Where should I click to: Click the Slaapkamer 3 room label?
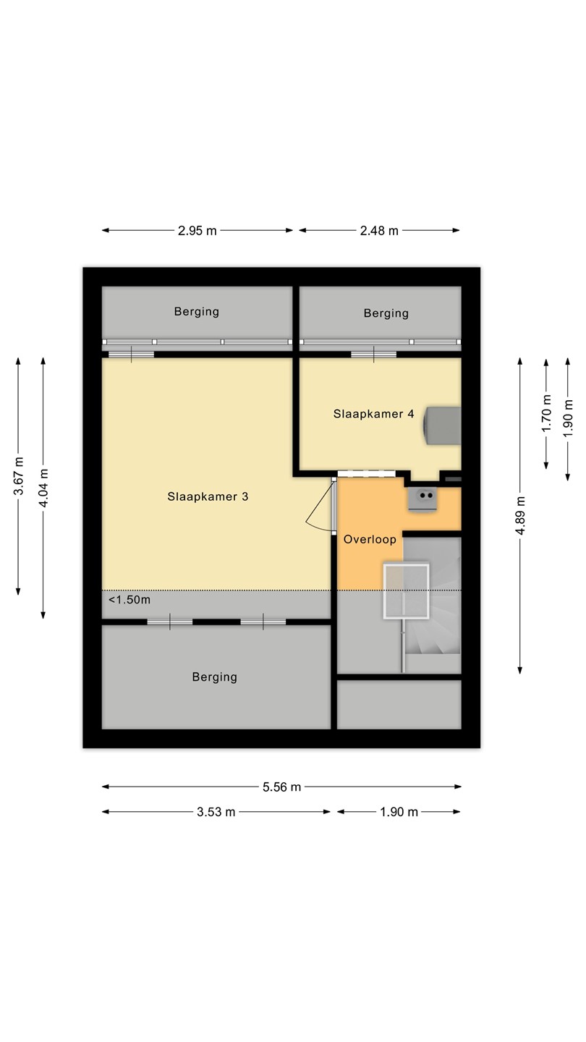point(208,496)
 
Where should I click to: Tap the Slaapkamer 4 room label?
point(373,414)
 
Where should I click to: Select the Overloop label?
point(370,539)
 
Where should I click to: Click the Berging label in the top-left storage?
point(197,312)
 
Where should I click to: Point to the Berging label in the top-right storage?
point(386,313)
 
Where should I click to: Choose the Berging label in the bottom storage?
point(214,677)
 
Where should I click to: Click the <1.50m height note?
point(129,600)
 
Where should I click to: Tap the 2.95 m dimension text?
point(198,231)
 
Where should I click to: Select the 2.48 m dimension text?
point(379,231)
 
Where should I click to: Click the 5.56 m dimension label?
point(282,787)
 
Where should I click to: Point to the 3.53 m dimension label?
point(216,812)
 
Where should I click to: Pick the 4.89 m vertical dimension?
point(520,515)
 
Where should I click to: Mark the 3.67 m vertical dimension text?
point(19,476)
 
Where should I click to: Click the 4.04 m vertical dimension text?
point(43,488)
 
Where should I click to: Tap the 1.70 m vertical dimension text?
point(546,413)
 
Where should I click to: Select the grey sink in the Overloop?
point(422,499)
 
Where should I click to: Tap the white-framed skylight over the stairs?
point(406,591)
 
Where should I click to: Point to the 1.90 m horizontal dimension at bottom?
point(399,812)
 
